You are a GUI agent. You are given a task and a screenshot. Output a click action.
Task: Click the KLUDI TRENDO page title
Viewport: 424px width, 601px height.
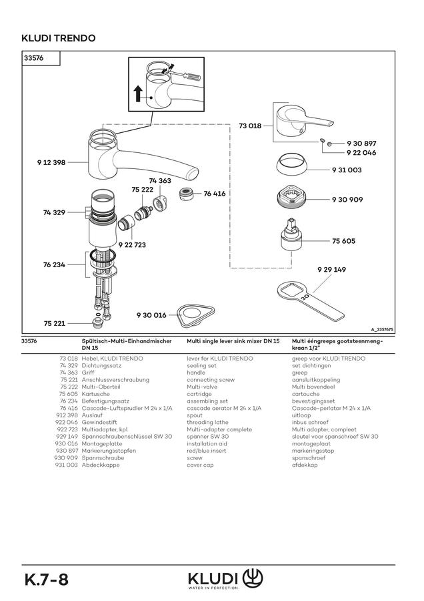(x=59, y=38)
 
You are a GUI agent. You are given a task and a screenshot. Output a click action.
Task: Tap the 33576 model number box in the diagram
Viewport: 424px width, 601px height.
(x=41, y=58)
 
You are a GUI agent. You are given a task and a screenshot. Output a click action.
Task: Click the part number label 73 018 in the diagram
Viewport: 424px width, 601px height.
(x=250, y=126)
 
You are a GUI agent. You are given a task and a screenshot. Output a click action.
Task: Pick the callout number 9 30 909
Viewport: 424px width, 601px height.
(x=347, y=199)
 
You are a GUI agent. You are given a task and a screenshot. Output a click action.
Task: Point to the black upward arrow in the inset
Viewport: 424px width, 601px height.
(x=139, y=93)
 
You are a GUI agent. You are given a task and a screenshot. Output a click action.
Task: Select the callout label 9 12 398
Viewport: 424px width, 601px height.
(x=51, y=162)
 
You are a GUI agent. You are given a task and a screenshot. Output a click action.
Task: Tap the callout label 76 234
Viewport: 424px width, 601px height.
(x=54, y=264)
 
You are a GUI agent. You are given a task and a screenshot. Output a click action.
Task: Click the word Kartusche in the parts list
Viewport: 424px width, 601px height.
(x=96, y=394)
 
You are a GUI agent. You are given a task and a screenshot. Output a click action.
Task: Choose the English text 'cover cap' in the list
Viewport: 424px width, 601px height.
(x=200, y=465)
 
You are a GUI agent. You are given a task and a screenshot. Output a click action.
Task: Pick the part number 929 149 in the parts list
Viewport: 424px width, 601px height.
(x=67, y=437)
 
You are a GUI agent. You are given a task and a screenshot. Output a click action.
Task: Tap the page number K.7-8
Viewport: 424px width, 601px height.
(x=46, y=579)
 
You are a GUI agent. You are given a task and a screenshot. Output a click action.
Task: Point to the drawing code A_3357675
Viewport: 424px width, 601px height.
(x=382, y=329)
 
